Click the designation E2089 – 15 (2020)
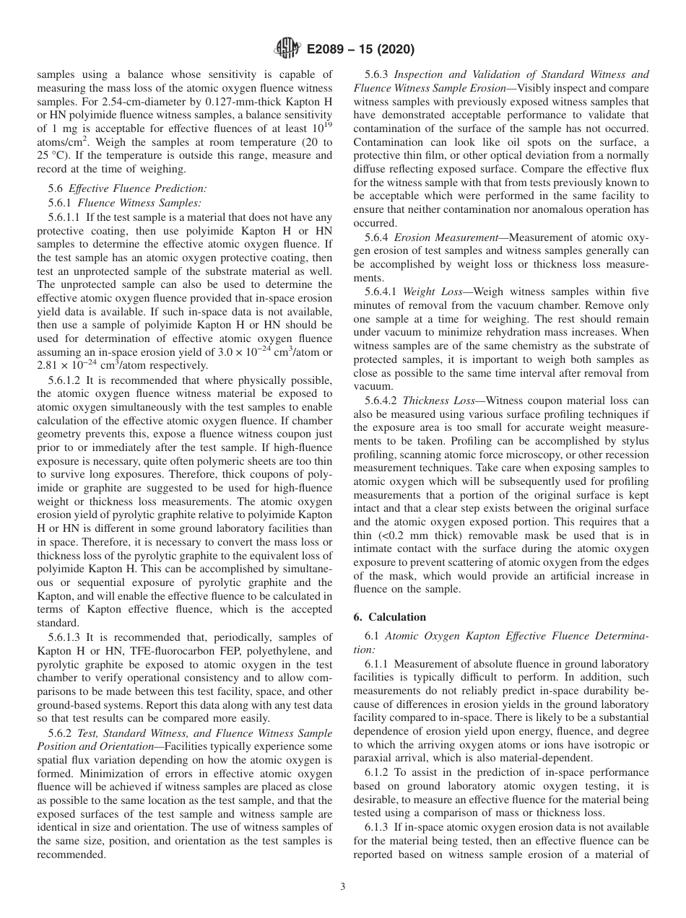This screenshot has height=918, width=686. tap(353, 50)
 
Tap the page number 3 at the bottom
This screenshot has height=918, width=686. tap(342, 887)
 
